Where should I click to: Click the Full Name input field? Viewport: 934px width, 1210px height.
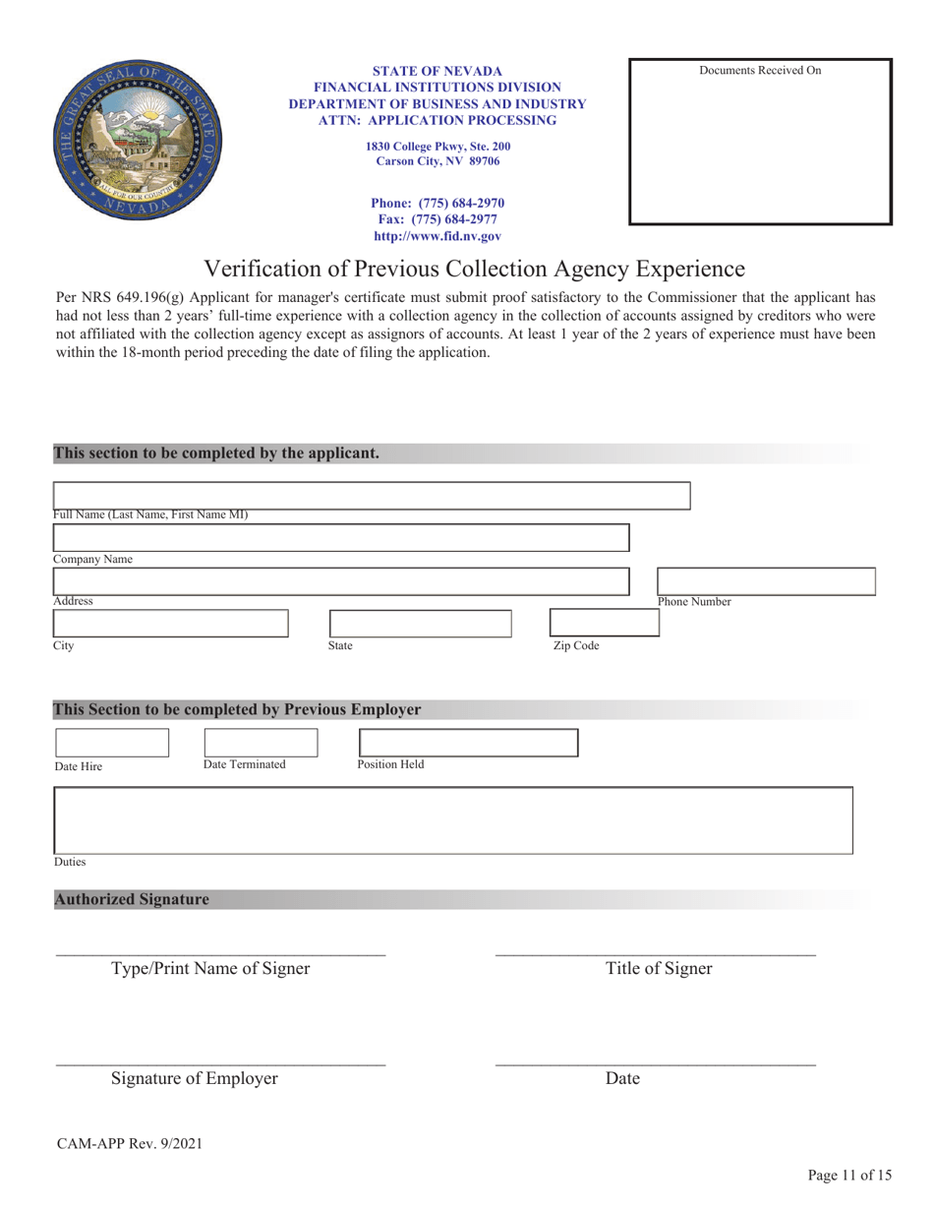click(x=371, y=496)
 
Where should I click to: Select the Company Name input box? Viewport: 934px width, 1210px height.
click(x=340, y=537)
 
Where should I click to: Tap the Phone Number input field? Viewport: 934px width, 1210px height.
click(x=765, y=580)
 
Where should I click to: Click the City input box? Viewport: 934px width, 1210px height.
click(x=170, y=624)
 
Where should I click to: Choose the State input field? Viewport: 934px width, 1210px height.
click(x=420, y=624)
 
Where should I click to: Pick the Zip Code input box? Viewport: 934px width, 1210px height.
click(x=588, y=623)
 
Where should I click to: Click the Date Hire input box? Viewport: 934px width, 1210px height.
click(x=112, y=743)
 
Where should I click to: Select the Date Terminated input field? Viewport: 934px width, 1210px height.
click(x=261, y=743)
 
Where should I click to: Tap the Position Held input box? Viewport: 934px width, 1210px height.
click(x=468, y=743)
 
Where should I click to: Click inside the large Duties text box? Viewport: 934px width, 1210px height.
click(x=452, y=819)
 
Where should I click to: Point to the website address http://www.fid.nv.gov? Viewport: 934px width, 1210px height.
click(x=438, y=237)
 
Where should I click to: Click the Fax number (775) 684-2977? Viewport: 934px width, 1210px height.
click(x=438, y=220)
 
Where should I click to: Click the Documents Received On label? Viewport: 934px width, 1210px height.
click(x=760, y=71)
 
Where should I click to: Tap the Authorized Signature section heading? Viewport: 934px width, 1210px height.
click(x=132, y=899)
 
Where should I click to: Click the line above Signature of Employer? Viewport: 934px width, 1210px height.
click(x=220, y=1063)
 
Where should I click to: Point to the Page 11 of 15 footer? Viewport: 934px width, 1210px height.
click(x=849, y=1175)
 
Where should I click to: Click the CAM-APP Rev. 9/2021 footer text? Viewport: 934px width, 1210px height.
click(x=129, y=1143)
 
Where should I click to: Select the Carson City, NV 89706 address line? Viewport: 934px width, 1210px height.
click(x=438, y=161)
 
